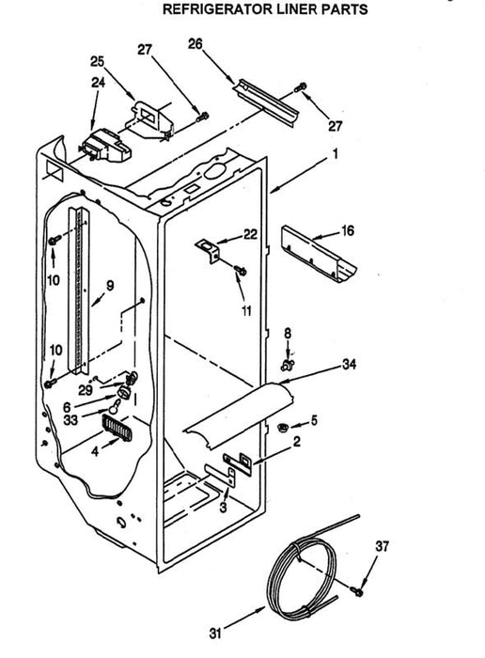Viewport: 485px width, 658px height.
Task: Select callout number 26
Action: click(x=196, y=43)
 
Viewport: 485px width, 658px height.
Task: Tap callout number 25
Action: click(x=98, y=61)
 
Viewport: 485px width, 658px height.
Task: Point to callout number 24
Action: click(x=98, y=83)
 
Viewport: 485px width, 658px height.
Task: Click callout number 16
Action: click(x=348, y=230)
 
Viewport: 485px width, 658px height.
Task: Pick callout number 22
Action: click(x=250, y=234)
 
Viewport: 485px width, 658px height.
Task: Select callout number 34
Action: click(x=349, y=365)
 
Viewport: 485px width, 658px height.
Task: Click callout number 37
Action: click(x=383, y=546)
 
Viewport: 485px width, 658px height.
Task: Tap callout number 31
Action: click(x=215, y=633)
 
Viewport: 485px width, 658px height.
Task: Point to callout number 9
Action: click(x=110, y=286)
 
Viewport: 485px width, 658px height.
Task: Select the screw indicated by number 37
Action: click(x=358, y=591)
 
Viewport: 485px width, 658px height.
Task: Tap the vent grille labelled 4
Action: click(x=117, y=428)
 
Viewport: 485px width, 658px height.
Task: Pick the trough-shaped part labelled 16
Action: click(x=319, y=254)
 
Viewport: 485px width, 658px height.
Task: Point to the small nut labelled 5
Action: click(x=282, y=428)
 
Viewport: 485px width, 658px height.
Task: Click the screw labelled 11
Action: click(x=241, y=270)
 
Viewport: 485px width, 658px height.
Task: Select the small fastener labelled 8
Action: click(x=288, y=365)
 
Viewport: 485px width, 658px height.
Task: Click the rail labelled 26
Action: click(x=267, y=102)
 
